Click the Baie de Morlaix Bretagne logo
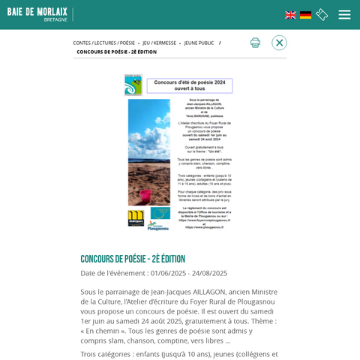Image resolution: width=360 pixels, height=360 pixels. point(37,14)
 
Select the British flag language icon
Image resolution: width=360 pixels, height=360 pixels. point(290,15)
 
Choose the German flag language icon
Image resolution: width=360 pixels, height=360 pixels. point(306,15)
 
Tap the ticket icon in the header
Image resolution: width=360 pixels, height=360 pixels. point(322,15)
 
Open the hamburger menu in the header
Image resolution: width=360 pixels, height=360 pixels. point(344,15)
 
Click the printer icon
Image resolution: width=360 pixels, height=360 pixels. point(255,43)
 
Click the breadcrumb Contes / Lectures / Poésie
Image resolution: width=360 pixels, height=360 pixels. point(103,43)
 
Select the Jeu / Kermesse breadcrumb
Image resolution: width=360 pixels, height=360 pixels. point(159,43)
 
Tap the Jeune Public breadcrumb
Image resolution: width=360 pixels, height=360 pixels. point(199,43)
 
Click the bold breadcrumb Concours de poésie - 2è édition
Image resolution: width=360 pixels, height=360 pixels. point(116,52)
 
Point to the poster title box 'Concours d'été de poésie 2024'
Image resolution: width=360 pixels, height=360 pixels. point(189,85)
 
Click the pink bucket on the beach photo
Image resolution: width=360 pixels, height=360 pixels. point(143,196)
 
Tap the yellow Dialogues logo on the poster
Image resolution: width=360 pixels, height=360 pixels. point(136,217)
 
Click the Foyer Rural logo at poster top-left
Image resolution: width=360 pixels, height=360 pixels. point(133,85)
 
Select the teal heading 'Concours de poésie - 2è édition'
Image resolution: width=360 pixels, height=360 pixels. point(133,259)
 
